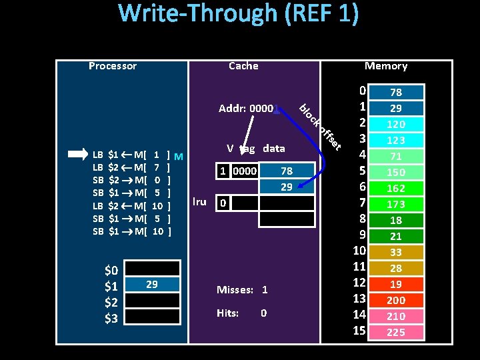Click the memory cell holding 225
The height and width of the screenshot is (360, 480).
tap(396, 332)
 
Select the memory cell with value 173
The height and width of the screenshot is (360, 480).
tap(396, 204)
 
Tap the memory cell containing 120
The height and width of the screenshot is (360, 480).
tap(396, 124)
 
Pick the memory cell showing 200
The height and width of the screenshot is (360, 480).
tap(396, 300)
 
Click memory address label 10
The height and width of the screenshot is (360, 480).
tap(360, 251)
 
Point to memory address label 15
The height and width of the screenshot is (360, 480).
tap(360, 331)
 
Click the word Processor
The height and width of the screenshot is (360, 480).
tap(113, 66)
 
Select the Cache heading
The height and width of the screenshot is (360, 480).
tap(243, 65)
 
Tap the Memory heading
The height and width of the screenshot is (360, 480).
tap(386, 65)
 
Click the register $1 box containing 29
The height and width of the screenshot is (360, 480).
tap(152, 285)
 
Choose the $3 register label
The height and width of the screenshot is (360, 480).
tap(111, 319)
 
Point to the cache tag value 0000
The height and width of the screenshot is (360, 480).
tap(244, 171)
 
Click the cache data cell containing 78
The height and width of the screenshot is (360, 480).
tap(287, 171)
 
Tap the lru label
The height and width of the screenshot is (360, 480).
tap(199, 201)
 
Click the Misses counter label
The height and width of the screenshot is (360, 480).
tap(235, 290)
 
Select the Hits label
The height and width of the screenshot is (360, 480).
tap(227, 313)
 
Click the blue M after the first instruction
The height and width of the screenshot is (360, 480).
tap(178, 156)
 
